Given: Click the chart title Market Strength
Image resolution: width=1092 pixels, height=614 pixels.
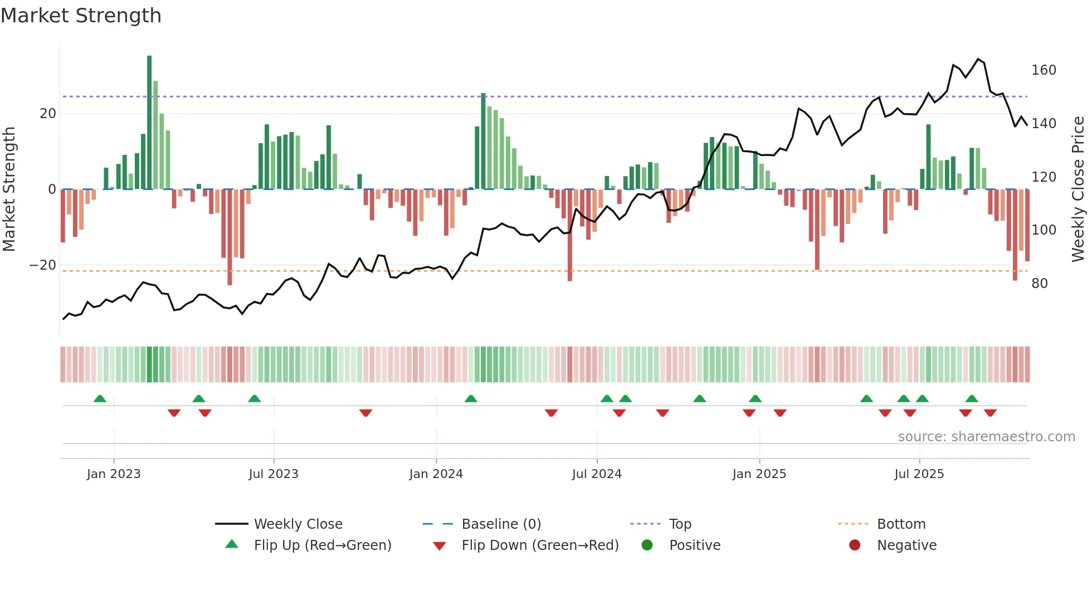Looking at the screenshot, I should [81, 16].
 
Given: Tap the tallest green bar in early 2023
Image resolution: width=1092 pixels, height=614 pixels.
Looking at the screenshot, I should [149, 123].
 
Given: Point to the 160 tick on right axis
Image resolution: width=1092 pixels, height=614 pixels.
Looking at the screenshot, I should [1044, 70].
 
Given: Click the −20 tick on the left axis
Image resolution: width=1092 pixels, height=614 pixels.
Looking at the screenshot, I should [43, 265].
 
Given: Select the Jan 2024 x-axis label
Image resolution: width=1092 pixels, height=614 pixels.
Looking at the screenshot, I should [436, 474].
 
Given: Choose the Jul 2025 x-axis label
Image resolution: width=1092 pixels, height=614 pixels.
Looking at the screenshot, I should [919, 474].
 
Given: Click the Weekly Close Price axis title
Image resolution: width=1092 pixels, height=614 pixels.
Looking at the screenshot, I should [1078, 189].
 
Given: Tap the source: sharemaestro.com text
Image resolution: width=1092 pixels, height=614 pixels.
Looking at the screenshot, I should [986, 437].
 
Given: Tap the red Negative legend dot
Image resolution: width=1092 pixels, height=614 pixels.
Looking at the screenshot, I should [855, 545].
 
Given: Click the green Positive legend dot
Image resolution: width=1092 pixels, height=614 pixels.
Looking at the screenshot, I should [647, 545].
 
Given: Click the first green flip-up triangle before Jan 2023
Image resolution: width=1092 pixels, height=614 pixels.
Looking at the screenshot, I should [100, 399].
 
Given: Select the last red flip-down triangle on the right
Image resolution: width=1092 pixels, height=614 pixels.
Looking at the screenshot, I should [990, 413].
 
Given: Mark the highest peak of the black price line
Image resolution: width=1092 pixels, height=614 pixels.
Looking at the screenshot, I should [978, 59].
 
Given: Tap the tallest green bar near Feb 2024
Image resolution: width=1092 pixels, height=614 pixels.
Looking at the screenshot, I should [484, 141].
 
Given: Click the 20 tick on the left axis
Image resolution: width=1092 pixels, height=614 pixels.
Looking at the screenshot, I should [48, 114].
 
